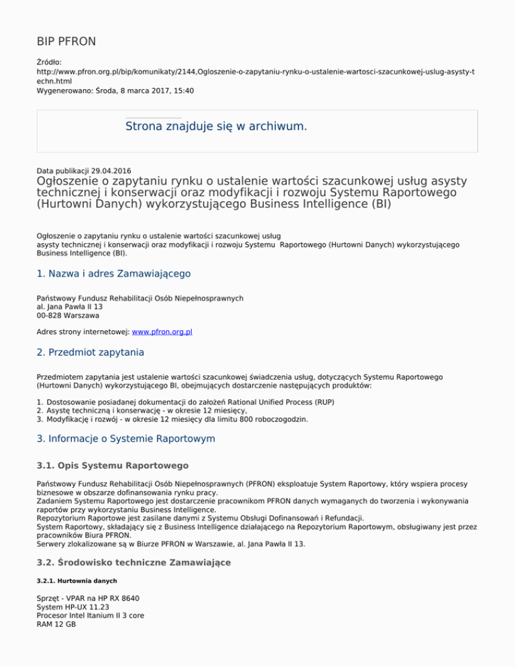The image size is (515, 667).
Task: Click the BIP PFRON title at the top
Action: click(66, 42)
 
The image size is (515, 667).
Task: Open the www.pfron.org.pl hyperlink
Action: click(168, 331)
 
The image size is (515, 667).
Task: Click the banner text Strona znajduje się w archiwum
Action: click(216, 126)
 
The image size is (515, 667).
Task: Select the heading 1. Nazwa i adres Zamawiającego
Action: click(114, 273)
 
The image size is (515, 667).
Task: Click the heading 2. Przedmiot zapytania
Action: click(90, 352)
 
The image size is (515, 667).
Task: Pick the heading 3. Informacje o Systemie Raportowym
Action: click(125, 439)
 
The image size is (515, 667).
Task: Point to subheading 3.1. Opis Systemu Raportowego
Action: click(112, 465)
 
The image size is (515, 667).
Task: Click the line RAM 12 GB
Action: click(56, 624)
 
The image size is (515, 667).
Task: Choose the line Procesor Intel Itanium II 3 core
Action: click(90, 615)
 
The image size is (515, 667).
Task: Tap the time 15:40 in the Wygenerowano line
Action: click(183, 90)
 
